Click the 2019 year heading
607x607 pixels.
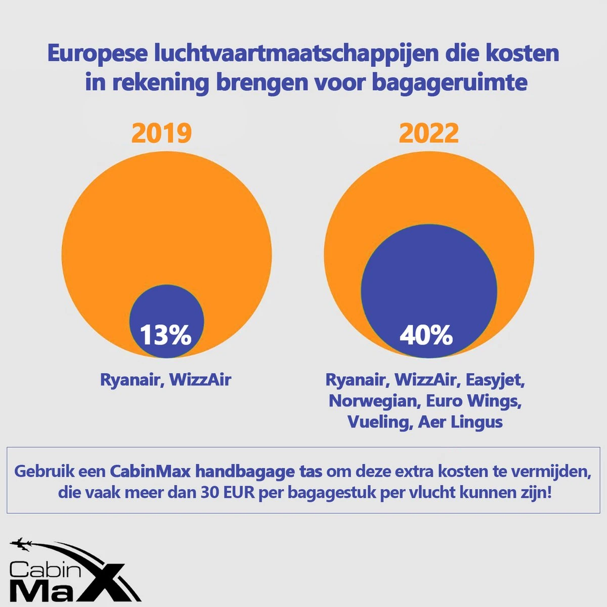pos(162,133)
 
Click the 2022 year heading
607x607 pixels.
pos(428,133)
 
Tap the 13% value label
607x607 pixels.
pos(165,335)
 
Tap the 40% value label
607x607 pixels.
pos(426,335)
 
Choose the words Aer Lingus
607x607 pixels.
pos(460,422)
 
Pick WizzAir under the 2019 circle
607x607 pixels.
pos(200,379)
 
